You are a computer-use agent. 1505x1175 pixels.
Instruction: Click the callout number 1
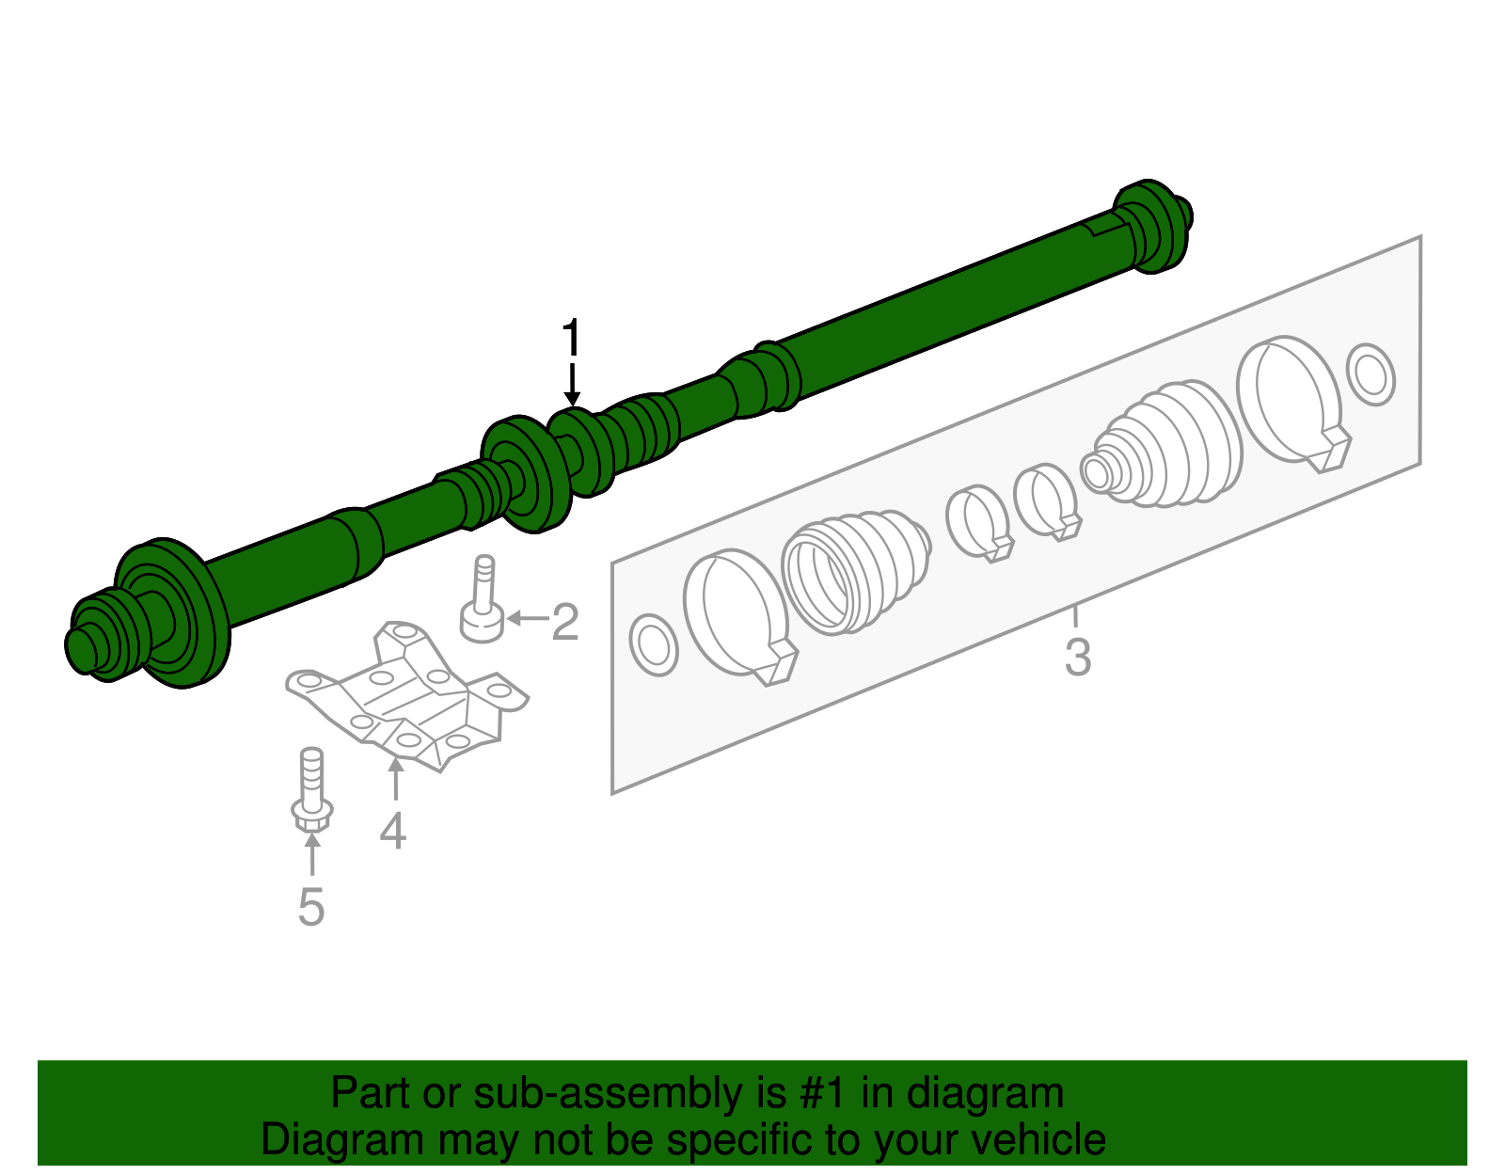coord(571,339)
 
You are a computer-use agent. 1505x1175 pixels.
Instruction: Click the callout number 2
coord(565,622)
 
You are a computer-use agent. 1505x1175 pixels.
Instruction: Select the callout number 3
coord(1078,658)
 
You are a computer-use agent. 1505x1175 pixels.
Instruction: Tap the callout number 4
coord(393,831)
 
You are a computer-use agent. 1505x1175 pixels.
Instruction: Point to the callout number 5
coord(311,907)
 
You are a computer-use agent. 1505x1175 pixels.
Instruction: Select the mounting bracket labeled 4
coord(406,696)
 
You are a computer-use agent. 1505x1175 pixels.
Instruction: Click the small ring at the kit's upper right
coord(1370,374)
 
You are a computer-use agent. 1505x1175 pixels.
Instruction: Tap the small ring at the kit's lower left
coord(653,645)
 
